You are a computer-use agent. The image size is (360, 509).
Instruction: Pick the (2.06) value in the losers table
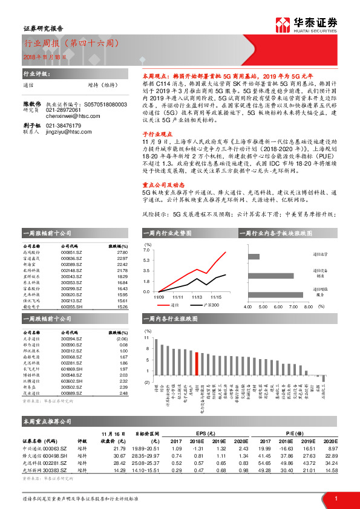tap(122, 339)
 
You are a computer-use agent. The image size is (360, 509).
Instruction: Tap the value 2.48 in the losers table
tap(123, 394)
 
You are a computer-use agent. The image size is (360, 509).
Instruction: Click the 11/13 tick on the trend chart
tap(197, 297)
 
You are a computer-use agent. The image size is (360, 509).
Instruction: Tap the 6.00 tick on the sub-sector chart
tap(278, 306)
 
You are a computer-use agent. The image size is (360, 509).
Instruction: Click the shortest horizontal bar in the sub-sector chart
tap(254, 256)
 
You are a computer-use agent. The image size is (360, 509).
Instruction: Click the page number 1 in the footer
tap(335, 498)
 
